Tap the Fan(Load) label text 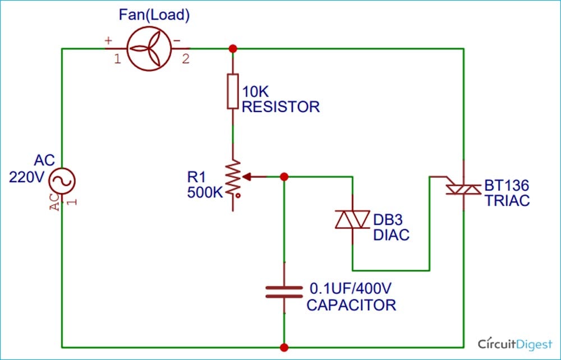click(154, 15)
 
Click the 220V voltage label click(26, 177)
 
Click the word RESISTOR click(280, 107)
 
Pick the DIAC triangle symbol click(352, 220)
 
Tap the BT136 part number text click(507, 186)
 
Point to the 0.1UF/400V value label click(351, 290)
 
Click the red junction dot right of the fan click(233, 49)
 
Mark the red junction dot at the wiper click(284, 177)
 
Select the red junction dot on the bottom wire click(284, 347)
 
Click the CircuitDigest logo click(514, 343)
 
